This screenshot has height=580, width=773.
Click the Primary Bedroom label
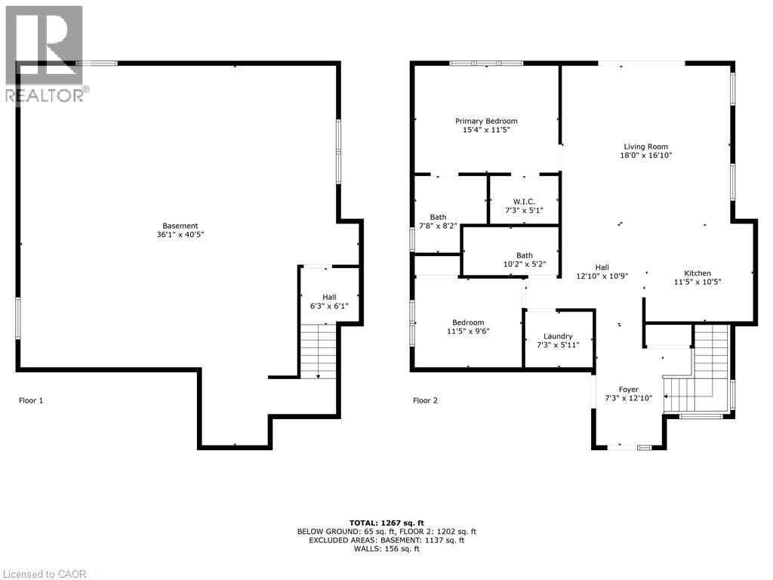(x=486, y=121)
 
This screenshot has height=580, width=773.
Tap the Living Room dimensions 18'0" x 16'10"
(x=645, y=156)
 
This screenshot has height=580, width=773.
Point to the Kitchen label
(x=698, y=273)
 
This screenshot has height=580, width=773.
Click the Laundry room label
(x=558, y=336)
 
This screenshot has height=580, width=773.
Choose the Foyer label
(x=628, y=390)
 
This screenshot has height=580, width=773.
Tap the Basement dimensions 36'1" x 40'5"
(x=180, y=235)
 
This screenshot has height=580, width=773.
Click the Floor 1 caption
(x=31, y=400)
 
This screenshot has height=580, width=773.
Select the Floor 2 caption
(x=425, y=400)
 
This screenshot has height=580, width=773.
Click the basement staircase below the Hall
(x=319, y=350)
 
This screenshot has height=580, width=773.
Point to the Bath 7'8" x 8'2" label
(x=439, y=221)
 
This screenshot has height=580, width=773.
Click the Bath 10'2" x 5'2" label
(x=525, y=260)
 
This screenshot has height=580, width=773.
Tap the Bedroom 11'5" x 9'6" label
(x=468, y=326)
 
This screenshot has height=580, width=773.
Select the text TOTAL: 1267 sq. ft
(x=386, y=523)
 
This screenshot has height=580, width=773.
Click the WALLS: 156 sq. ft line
(x=386, y=548)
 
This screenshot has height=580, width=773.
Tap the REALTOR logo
(x=44, y=53)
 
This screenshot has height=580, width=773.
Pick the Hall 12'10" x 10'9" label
(x=602, y=271)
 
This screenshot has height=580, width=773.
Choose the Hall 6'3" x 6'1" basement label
(x=329, y=301)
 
